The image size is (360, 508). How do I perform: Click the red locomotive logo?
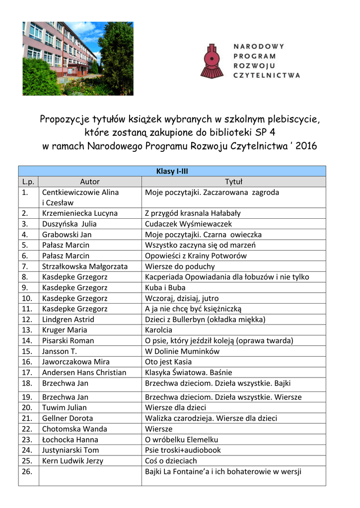(212, 61)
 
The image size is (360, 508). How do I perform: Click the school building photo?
(78, 59)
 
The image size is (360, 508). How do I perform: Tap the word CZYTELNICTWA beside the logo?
(267, 75)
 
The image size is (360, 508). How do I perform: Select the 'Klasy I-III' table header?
(172, 171)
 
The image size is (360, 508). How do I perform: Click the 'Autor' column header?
(90, 182)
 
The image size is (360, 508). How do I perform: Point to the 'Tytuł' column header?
(233, 182)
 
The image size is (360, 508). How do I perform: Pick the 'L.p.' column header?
(28, 182)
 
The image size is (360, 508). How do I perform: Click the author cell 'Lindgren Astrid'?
(68, 319)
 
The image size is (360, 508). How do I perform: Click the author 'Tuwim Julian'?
(64, 407)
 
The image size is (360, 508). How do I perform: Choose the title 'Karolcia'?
(158, 330)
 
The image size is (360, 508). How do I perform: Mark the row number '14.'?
(27, 341)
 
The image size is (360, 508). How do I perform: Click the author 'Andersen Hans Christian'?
(84, 372)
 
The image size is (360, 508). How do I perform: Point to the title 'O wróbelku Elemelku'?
(181, 440)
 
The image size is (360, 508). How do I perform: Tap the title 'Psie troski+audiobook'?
(183, 450)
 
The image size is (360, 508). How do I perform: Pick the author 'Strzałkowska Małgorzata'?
(84, 266)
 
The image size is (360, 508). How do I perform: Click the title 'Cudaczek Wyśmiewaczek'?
(185, 224)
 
